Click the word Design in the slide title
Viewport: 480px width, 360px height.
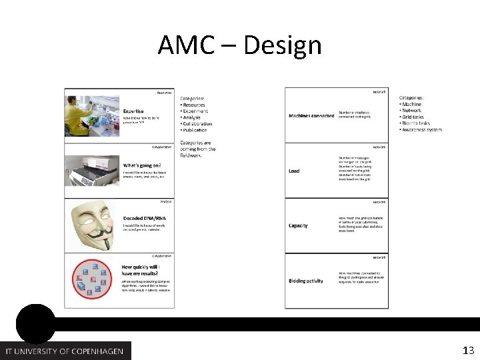[283, 46]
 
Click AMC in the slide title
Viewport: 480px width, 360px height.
[187, 46]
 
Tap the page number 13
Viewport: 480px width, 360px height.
[468, 350]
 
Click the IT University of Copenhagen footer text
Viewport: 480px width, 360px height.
[65, 351]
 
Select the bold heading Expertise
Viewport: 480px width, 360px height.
[133, 111]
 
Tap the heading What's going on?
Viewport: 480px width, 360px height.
[141, 165]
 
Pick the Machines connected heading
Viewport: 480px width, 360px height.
[311, 115]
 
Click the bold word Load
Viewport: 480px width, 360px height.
[294, 171]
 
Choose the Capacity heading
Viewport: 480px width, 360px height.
[298, 226]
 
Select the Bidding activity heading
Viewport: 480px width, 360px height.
[306, 281]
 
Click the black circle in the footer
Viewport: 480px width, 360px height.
[35, 324]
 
